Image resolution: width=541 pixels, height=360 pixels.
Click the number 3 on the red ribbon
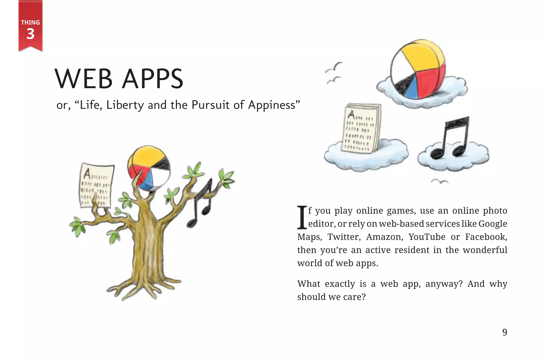click(30, 34)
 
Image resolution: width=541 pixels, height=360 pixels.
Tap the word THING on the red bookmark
click(30, 22)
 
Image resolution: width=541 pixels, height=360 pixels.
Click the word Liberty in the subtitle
click(125, 105)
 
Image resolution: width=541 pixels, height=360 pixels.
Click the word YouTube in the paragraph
click(427, 237)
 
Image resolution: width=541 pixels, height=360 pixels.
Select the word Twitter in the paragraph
click(344, 237)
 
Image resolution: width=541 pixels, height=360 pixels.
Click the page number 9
click(505, 332)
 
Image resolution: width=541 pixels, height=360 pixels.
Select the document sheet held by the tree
click(96, 185)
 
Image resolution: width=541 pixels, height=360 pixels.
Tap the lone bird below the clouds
click(440, 181)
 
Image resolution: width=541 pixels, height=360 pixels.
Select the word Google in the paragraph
click(493, 224)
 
